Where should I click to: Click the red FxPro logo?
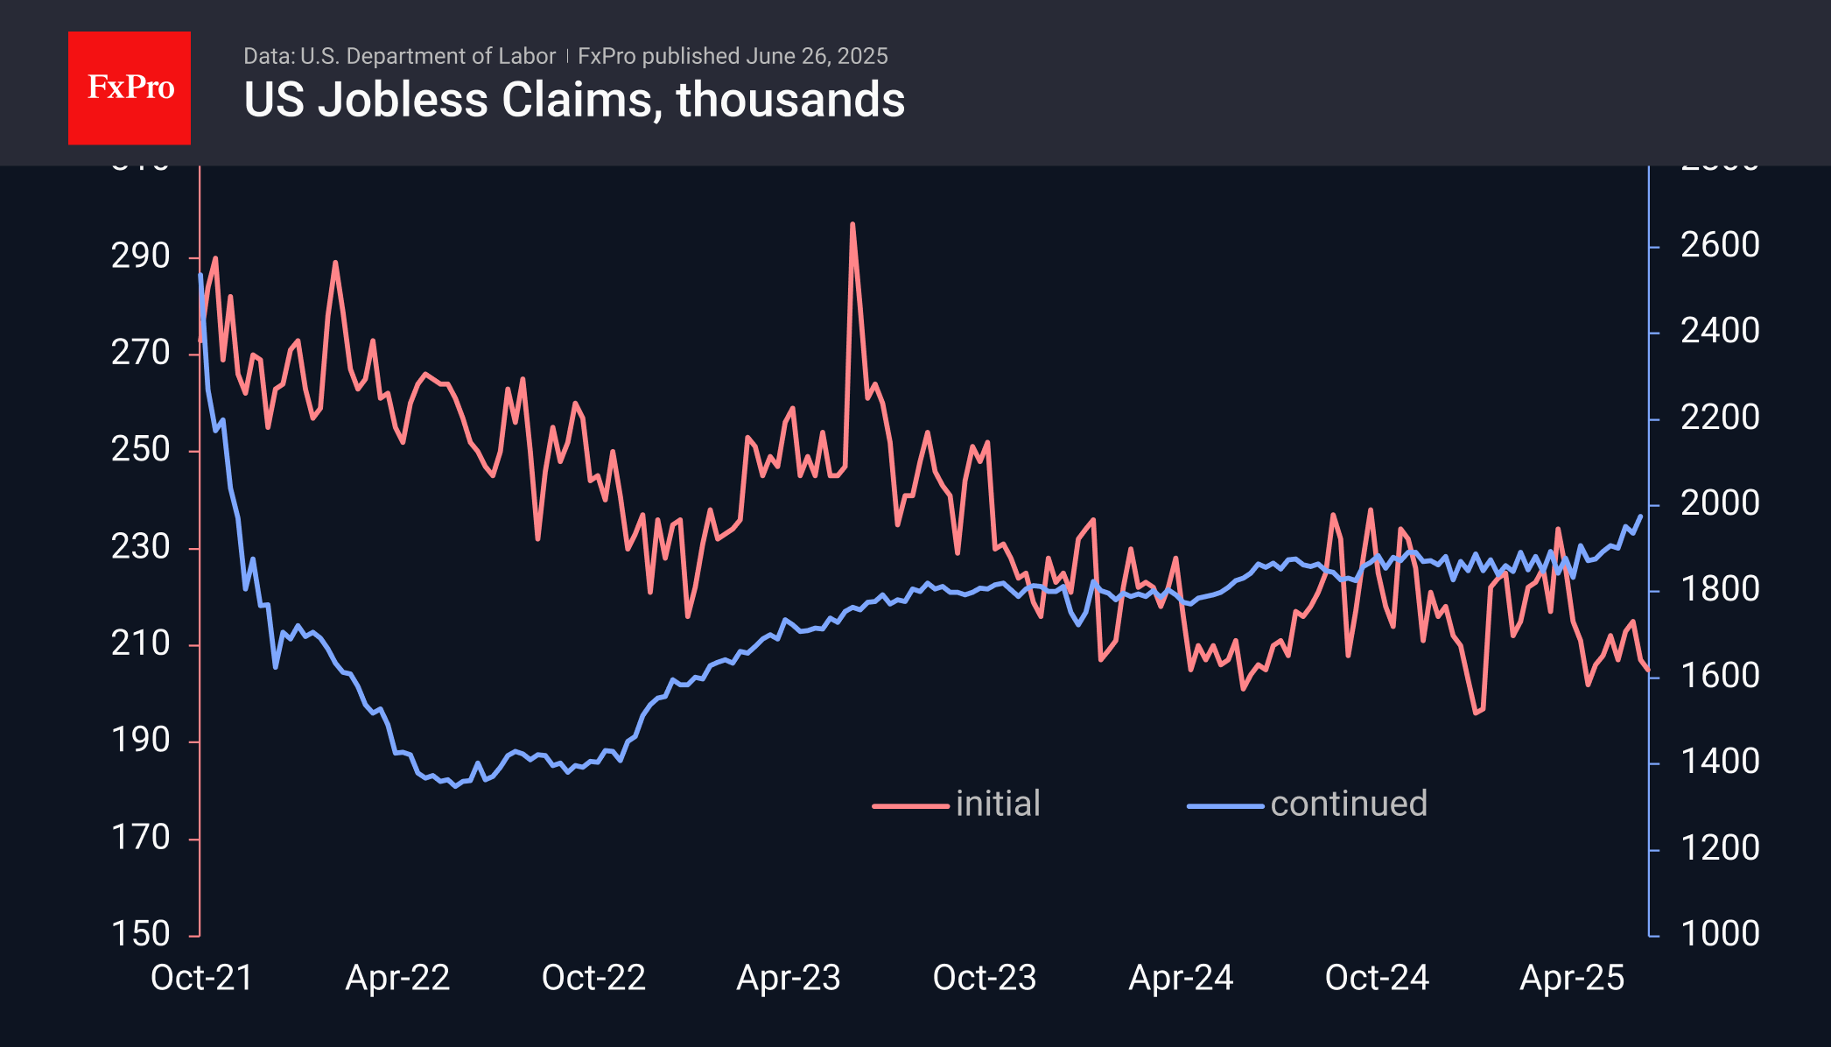130,88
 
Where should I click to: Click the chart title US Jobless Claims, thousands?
574,100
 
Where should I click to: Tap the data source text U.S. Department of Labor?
427,56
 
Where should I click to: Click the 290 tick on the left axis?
140,256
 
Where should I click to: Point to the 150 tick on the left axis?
140,934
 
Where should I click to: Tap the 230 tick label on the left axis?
140,547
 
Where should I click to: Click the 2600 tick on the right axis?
1720,245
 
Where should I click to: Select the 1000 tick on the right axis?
1720,934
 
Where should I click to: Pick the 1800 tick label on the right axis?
1720,589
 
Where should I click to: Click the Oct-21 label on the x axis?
201,978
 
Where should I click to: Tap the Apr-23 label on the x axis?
789,978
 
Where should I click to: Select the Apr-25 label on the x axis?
1572,978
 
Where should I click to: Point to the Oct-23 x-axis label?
985,978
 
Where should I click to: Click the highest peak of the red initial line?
852,224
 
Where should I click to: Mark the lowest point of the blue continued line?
454,786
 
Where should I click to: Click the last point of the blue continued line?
1640,516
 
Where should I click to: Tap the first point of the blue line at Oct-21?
200,275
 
